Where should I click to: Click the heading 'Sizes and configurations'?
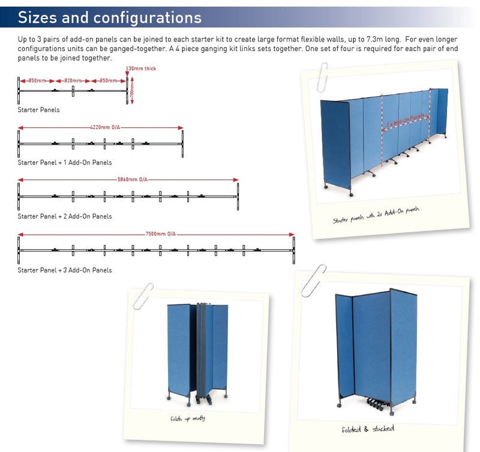pos(110,17)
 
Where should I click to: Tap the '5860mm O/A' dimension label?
pos(131,179)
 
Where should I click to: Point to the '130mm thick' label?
pos(142,68)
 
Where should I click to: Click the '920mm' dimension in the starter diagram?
pos(73,80)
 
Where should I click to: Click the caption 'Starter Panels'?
pos(38,110)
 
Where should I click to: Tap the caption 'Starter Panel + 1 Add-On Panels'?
pos(64,163)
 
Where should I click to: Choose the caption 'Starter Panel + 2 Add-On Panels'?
pos(64,216)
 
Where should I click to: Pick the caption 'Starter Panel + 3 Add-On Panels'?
pos(64,270)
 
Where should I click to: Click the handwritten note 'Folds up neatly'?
pos(187,418)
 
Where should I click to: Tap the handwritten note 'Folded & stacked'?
pos(368,429)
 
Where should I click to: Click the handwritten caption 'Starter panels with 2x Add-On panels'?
pos(376,215)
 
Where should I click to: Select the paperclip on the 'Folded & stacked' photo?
pos(313,280)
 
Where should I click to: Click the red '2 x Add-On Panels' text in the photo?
pos(406,119)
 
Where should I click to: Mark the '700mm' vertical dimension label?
pos(132,90)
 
